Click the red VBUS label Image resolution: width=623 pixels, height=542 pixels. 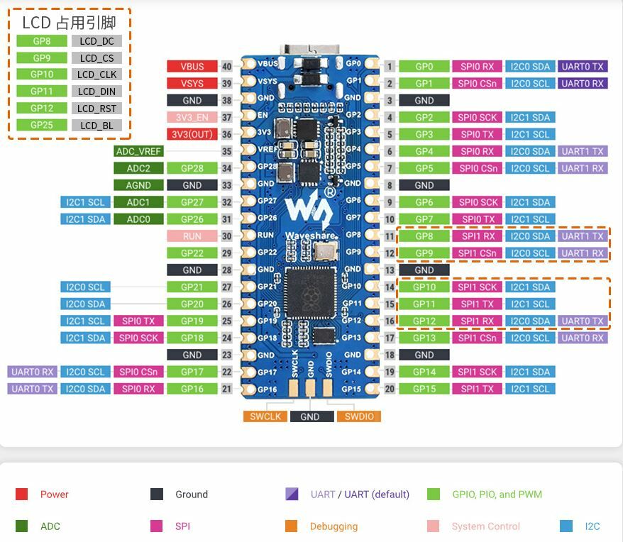point(192,67)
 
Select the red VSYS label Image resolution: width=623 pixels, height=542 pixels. point(192,84)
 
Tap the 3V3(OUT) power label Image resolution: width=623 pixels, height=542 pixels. point(192,134)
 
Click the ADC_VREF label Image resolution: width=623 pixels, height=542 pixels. point(138,151)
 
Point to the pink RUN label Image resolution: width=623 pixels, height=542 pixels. point(192,236)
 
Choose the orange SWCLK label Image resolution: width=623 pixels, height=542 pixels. point(265,416)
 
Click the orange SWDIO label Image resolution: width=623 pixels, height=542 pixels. point(358,416)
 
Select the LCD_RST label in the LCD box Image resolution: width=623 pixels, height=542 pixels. point(97,109)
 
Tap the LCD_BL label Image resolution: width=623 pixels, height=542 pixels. point(97,126)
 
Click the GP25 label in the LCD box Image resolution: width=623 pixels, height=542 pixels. point(42,126)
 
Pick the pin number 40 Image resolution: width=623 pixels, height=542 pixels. point(227,67)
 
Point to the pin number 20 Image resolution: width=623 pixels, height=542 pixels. point(390,389)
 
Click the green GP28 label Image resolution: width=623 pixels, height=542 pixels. point(192,168)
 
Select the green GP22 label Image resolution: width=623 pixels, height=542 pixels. point(192,253)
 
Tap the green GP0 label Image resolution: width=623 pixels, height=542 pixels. point(424,67)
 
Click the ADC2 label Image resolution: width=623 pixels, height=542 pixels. point(138,168)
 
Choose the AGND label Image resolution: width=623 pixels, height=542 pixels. point(138,185)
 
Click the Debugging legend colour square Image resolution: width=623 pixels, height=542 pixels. point(291,526)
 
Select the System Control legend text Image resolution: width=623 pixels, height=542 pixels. point(485,526)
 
